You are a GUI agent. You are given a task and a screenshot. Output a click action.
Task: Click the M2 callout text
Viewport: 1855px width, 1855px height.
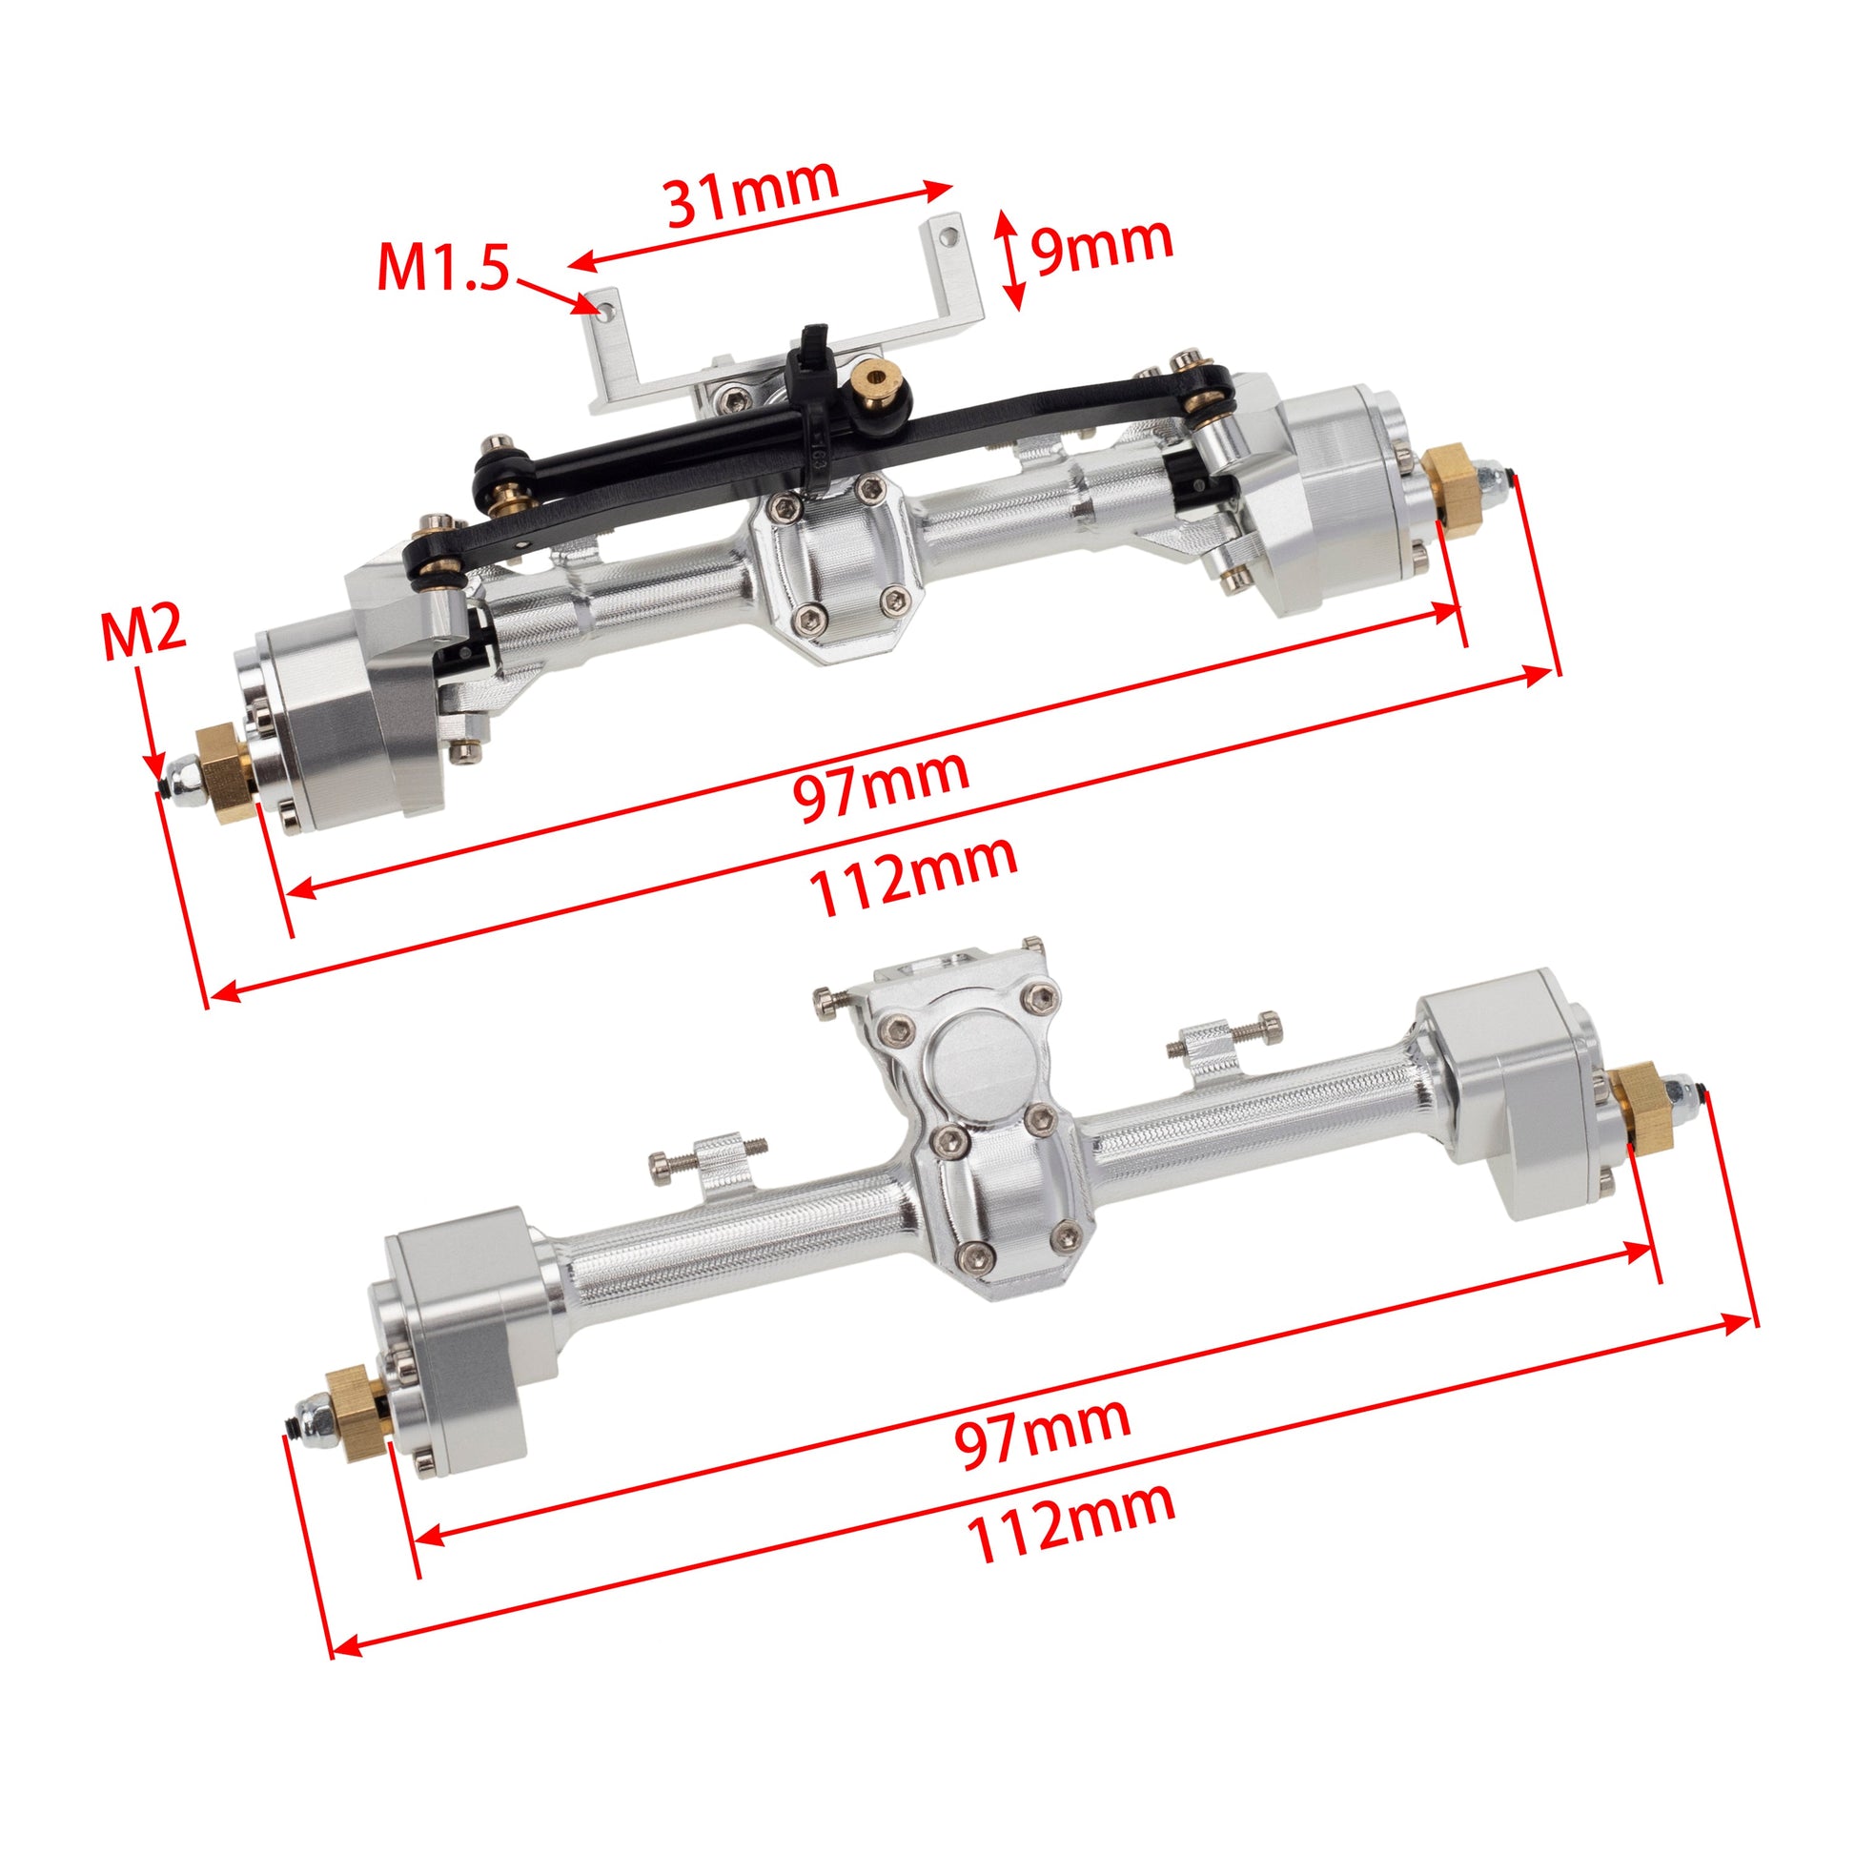(144, 634)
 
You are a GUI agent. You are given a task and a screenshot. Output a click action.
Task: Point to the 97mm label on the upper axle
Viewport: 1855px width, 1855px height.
(881, 786)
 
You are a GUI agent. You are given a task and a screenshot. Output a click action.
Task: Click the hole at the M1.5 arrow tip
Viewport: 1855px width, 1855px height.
(606, 310)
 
